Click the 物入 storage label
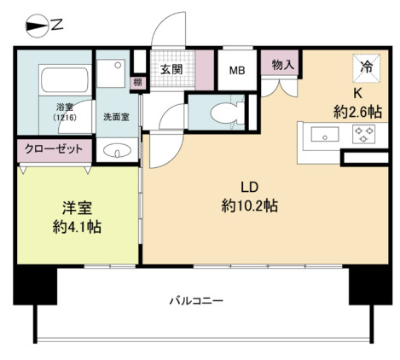[284, 65]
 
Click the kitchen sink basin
[325, 135]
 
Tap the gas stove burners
[364, 135]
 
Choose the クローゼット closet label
[53, 148]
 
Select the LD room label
[248, 187]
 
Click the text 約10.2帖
[248, 206]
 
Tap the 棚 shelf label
[136, 83]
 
